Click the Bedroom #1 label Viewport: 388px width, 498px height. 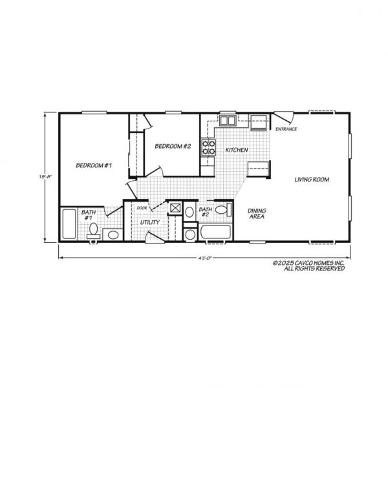(94, 165)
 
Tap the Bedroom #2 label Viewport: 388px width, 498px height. (173, 147)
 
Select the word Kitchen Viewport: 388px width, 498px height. (237, 150)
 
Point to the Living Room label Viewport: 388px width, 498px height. (312, 180)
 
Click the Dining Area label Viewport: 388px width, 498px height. (257, 214)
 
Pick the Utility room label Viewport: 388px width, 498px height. (150, 222)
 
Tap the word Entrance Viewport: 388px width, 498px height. (286, 129)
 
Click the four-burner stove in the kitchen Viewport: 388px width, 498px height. (208, 148)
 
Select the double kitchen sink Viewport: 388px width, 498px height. (228, 121)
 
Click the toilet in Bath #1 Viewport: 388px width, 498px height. (94, 231)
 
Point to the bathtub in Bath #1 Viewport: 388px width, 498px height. (69, 224)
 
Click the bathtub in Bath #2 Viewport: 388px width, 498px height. (215, 232)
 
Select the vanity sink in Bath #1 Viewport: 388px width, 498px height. (113, 235)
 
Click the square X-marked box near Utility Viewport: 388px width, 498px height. (175, 208)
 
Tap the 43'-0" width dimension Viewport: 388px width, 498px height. (204, 258)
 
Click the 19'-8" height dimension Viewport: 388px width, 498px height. (45, 177)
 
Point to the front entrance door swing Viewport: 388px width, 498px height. (284, 117)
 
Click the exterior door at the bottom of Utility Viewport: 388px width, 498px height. (155, 238)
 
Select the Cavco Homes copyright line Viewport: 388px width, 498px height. (308, 266)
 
